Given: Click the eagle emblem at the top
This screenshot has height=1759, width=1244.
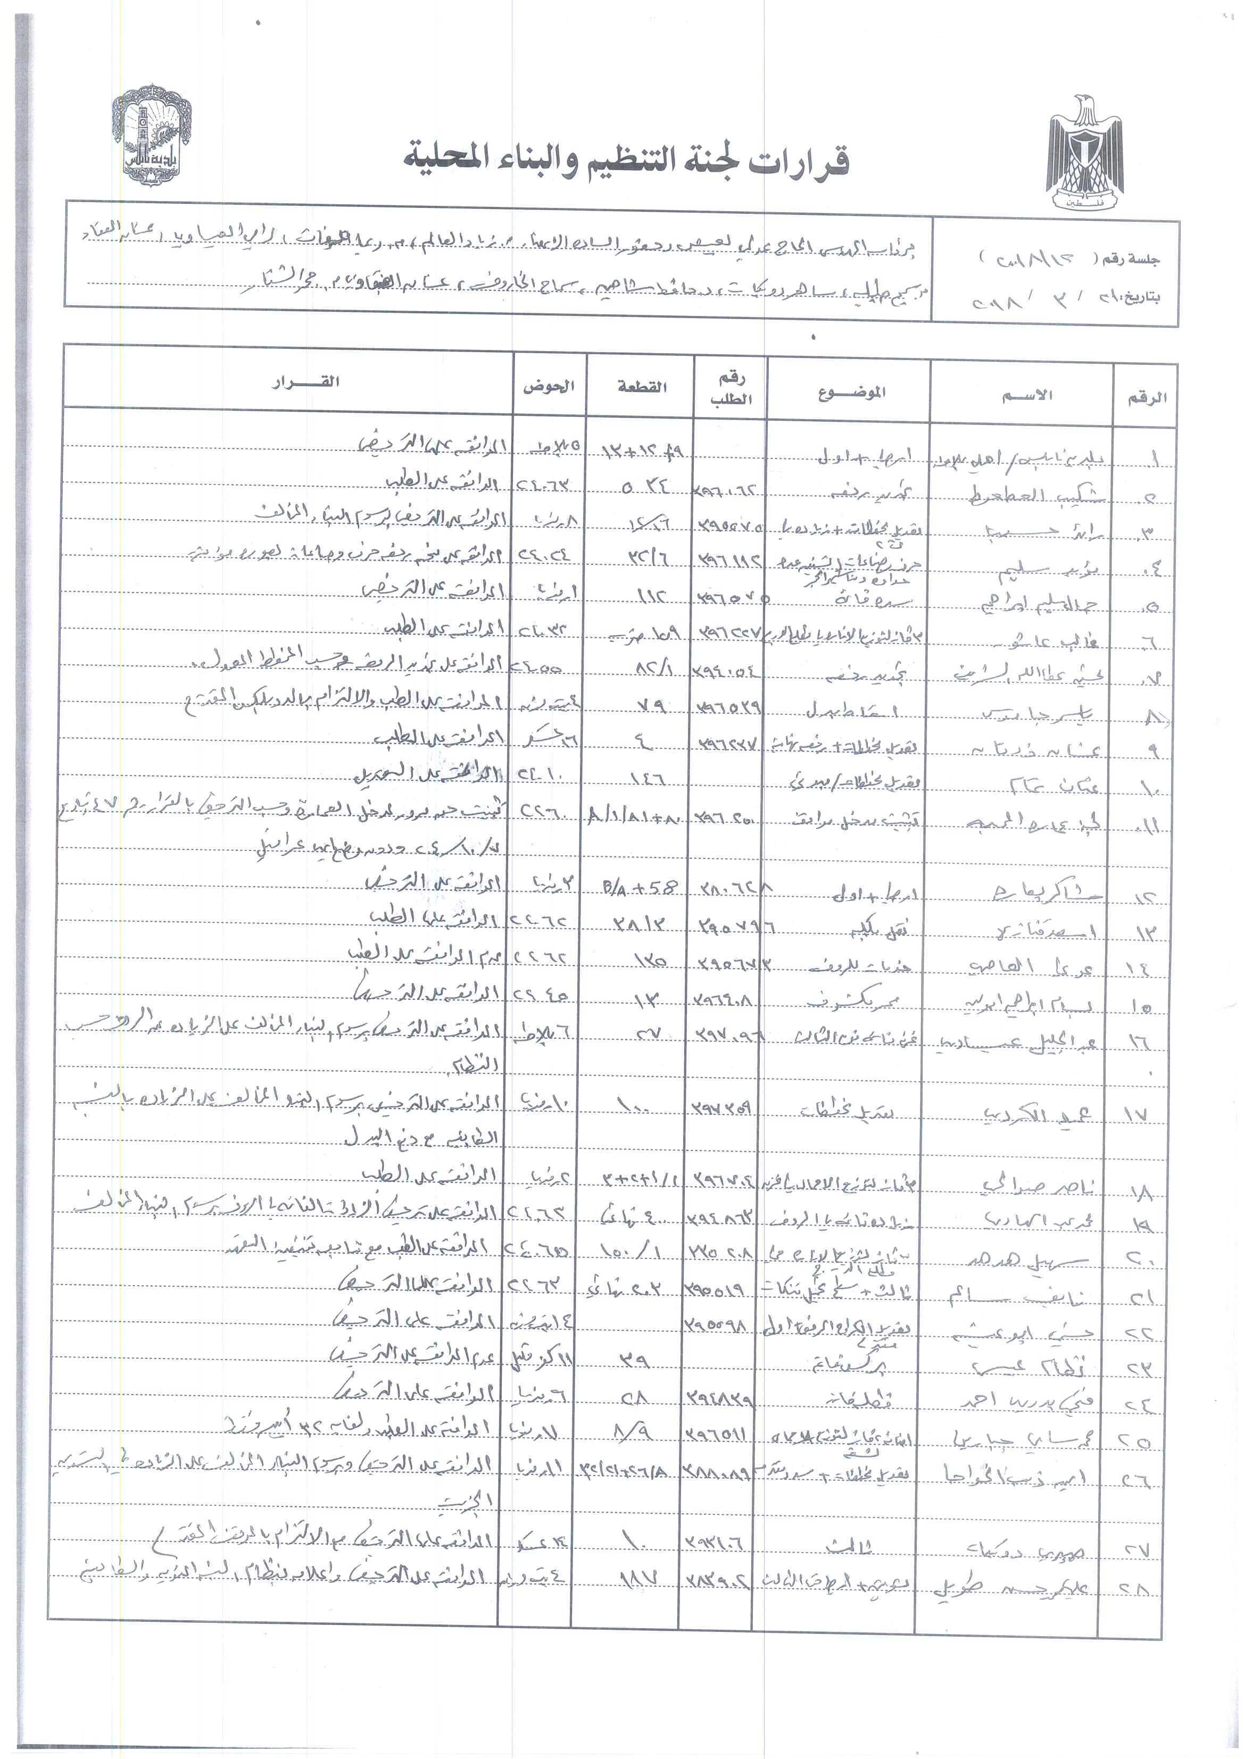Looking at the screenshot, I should point(1085,154).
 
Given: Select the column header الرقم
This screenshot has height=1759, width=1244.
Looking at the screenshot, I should point(1147,398).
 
